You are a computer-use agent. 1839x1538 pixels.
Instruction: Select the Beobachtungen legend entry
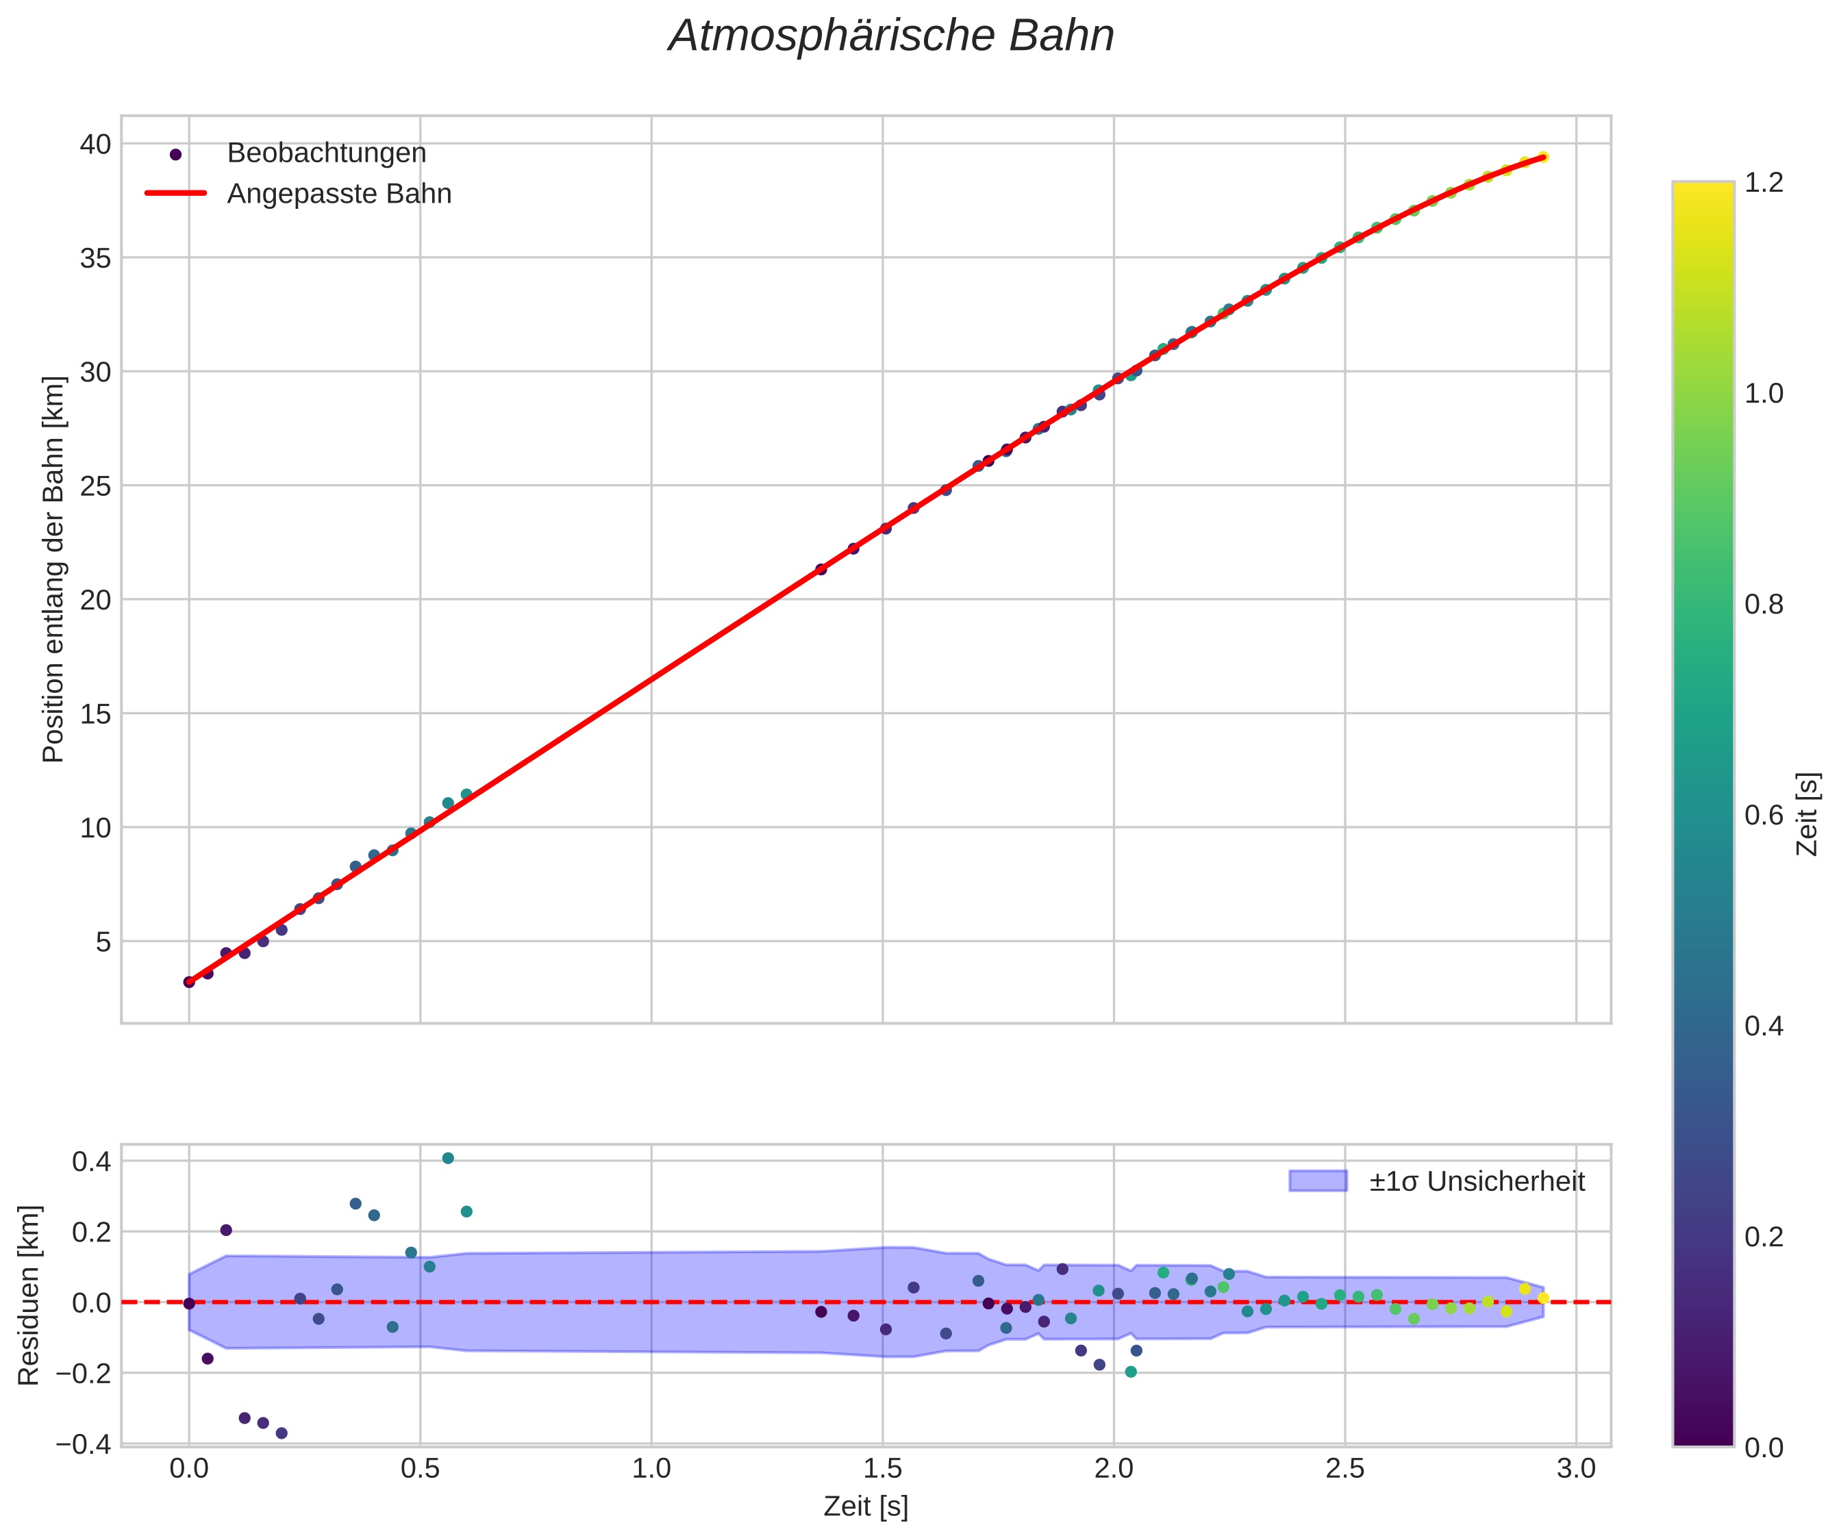(x=326, y=153)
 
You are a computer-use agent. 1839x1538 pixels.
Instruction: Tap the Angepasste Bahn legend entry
(x=339, y=194)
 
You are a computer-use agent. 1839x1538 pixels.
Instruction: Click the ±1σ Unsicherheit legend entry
(x=1477, y=1182)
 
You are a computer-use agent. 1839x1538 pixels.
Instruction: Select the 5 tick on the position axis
(x=103, y=942)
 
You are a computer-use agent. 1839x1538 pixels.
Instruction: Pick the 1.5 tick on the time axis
(x=882, y=1468)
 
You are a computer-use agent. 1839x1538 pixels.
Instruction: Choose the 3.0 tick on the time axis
(x=1575, y=1468)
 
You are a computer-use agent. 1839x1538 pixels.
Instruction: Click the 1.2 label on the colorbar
(x=1764, y=182)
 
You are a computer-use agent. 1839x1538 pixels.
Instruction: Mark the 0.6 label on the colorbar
(x=1764, y=815)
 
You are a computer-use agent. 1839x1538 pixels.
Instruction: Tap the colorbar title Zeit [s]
(x=1807, y=814)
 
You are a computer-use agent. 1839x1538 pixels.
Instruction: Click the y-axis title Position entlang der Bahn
(x=54, y=569)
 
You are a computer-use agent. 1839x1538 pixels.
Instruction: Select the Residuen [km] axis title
(x=29, y=1296)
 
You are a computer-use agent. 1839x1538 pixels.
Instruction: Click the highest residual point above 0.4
(x=447, y=1158)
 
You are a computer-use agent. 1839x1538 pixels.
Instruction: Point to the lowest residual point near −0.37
(x=281, y=1433)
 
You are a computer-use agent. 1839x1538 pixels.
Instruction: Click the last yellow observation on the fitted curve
(x=1542, y=157)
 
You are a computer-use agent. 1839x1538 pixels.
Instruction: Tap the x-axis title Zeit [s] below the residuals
(x=865, y=1507)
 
